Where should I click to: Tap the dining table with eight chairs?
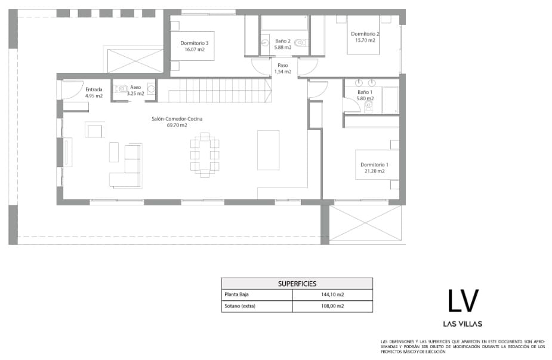click(205, 155)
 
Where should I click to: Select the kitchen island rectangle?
click(268, 150)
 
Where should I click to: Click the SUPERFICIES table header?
click(297, 284)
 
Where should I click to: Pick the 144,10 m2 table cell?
click(332, 295)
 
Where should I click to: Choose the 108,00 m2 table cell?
click(332, 306)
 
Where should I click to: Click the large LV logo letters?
click(463, 300)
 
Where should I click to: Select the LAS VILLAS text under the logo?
click(463, 324)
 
